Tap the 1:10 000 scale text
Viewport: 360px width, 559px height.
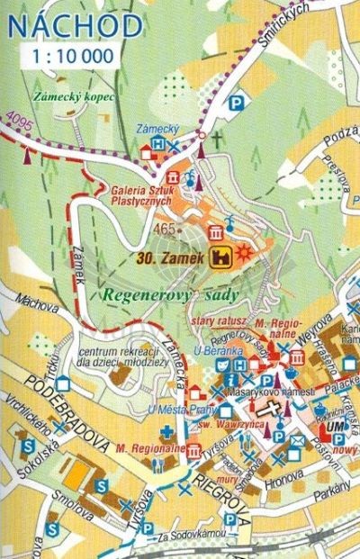point(75,57)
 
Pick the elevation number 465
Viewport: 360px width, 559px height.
point(164,230)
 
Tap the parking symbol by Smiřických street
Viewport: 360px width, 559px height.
point(238,104)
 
